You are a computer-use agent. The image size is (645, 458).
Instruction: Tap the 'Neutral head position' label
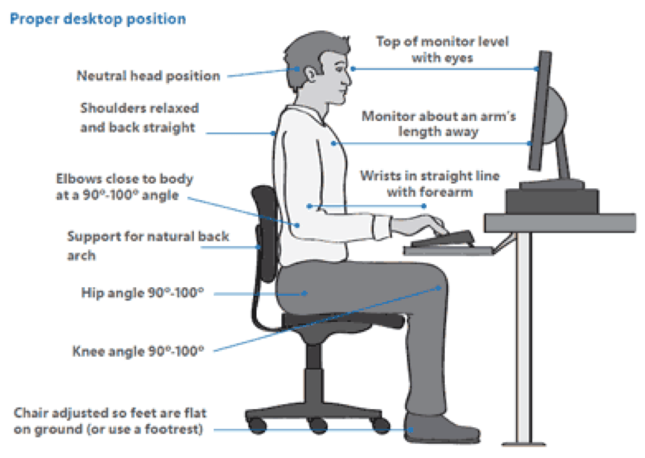point(148,77)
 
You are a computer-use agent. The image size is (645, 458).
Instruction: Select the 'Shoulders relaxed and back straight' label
point(138,117)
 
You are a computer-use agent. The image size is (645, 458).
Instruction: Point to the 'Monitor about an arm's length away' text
point(438,123)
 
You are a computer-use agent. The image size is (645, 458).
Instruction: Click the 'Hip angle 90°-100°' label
point(143,292)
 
